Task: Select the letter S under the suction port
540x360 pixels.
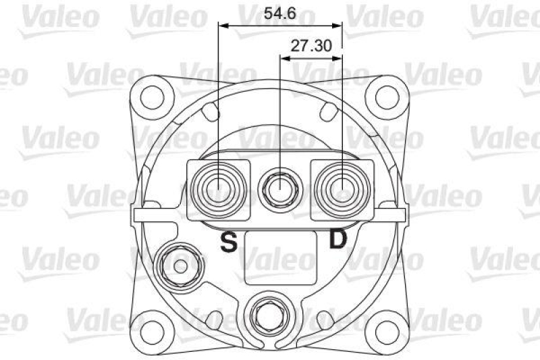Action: point(230,242)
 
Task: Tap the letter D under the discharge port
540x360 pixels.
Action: point(337,240)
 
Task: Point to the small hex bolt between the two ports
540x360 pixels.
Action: point(279,187)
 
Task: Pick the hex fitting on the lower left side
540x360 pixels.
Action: point(179,265)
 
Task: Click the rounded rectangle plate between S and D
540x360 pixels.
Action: point(279,257)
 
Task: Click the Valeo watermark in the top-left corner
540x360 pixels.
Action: point(57,18)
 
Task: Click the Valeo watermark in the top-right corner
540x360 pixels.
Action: point(503,18)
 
